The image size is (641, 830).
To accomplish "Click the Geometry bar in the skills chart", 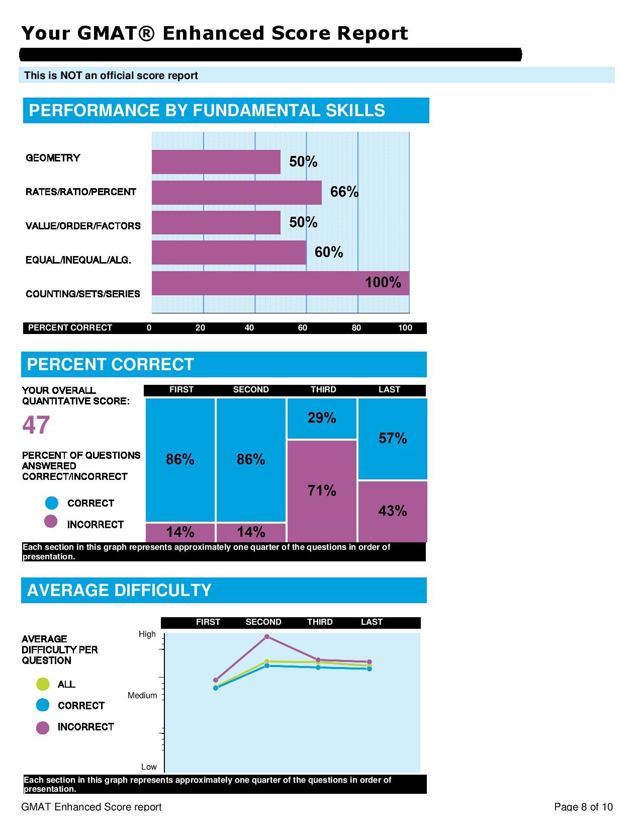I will click(216, 162).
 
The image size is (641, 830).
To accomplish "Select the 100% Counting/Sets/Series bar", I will click(280, 283).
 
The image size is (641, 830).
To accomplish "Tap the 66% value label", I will click(344, 192).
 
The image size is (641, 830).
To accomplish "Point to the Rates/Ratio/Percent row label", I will click(81, 192).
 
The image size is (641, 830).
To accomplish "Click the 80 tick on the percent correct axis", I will click(356, 328).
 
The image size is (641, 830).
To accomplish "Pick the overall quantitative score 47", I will click(36, 425).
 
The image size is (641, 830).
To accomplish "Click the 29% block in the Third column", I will click(322, 418).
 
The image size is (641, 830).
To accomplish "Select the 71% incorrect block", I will click(322, 490).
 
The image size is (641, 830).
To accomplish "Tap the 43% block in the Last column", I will click(393, 511).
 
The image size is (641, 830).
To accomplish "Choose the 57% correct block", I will click(393, 438).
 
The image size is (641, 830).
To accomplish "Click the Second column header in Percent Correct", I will click(251, 390).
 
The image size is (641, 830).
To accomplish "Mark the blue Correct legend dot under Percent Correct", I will click(52, 503).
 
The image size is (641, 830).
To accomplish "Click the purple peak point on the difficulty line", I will click(267, 637).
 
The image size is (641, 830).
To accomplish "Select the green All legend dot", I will click(43, 684).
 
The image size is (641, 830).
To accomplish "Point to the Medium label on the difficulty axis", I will click(142, 696).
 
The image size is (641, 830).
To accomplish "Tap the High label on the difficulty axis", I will click(147, 634).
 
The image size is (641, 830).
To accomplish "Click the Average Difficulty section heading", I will click(119, 590).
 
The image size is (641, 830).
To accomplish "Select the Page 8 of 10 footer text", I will click(583, 807).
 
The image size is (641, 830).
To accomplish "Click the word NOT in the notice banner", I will click(71, 75).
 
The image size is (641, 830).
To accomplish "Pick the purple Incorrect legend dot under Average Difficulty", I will click(43, 727).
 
